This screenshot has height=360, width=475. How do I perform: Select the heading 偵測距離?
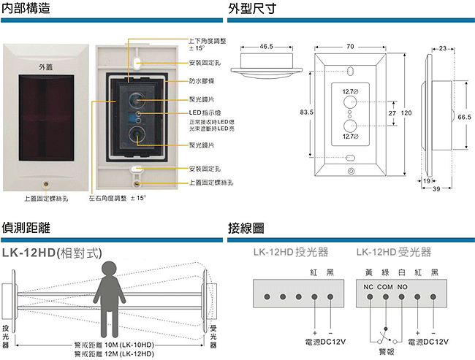coord(26,227)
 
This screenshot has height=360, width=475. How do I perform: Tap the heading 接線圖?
coord(246,227)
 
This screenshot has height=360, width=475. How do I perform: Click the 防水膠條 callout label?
coord(201,82)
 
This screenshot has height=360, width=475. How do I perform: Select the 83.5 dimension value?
coord(306,112)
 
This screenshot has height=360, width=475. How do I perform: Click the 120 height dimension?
coord(406,112)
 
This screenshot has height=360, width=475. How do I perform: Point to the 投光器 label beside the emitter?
coord(7,337)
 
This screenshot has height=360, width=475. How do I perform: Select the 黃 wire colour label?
coord(370,272)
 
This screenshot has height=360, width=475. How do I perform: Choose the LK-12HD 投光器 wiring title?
coord(290,253)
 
